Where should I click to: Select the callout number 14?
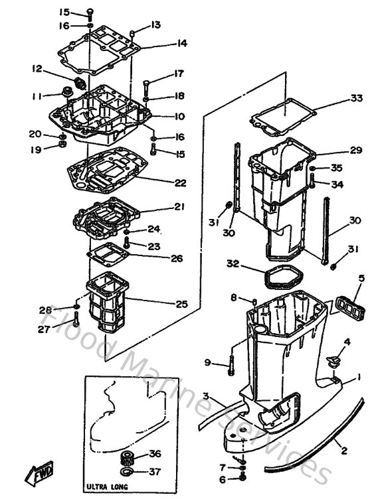click(x=163, y=44)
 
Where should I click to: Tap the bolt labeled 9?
click(x=231, y=362)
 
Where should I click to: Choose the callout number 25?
click(x=181, y=304)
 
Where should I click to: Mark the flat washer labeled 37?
click(x=126, y=472)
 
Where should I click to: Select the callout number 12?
click(x=36, y=68)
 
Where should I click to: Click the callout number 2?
click(x=344, y=451)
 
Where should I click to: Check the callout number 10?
click(x=179, y=117)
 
